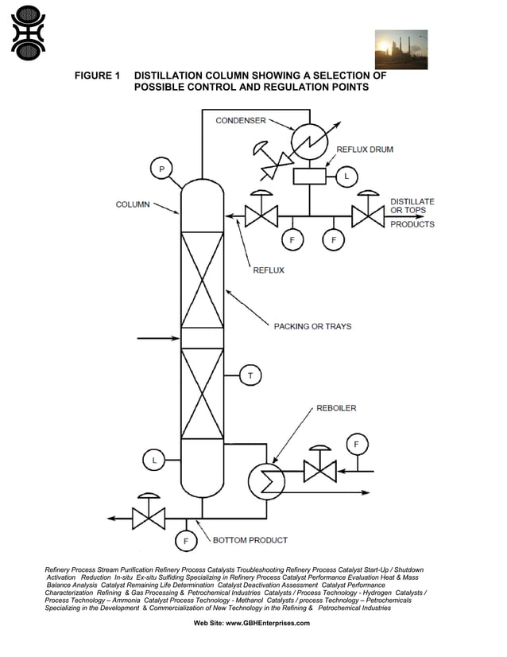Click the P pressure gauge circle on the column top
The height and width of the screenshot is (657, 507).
click(x=162, y=169)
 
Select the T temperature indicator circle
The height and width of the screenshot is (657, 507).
click(x=250, y=375)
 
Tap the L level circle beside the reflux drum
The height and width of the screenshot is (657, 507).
click(x=346, y=177)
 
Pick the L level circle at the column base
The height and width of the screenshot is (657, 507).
click(x=154, y=460)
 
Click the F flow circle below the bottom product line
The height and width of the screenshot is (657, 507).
click(x=186, y=542)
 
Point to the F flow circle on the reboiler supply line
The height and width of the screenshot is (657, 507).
click(x=357, y=444)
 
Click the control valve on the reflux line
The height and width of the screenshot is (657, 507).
click(x=261, y=216)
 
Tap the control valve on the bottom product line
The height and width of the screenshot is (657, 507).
click(x=149, y=518)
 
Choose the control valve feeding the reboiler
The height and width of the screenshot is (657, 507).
click(x=319, y=471)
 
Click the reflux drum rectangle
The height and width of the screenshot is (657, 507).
click(x=309, y=176)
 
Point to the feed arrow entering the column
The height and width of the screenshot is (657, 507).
click(x=159, y=339)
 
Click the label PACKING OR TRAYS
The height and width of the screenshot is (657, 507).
click(x=312, y=326)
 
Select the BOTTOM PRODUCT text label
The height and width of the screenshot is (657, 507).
click(x=250, y=540)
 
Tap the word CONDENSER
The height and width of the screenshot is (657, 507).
click(x=241, y=121)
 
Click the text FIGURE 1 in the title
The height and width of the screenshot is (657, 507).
click(x=97, y=76)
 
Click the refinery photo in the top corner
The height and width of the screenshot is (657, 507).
click(x=401, y=49)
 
